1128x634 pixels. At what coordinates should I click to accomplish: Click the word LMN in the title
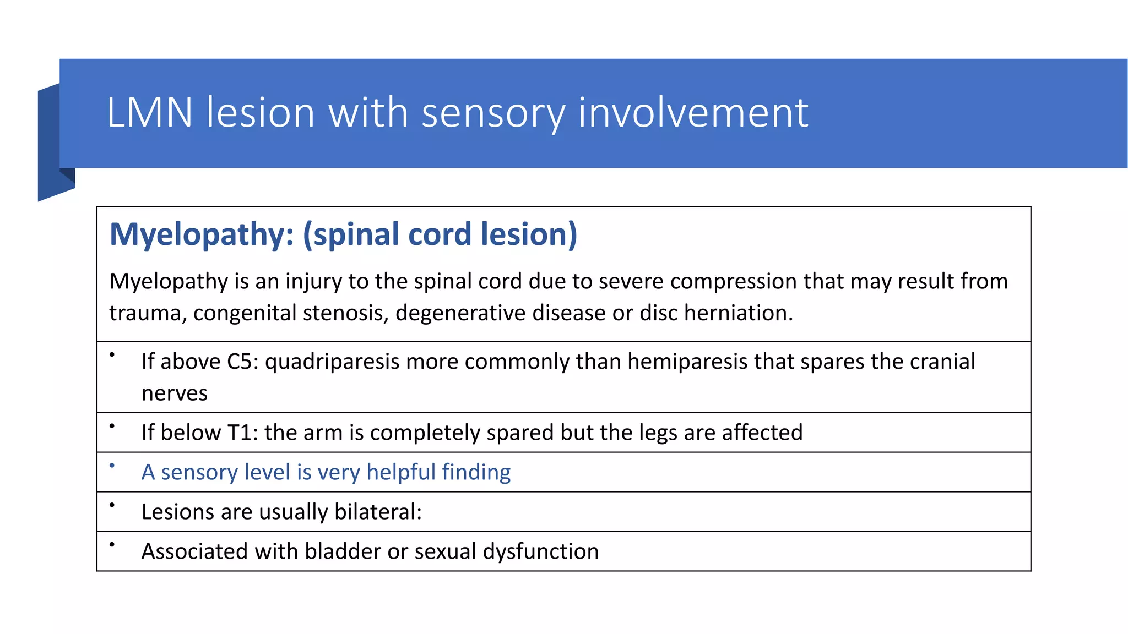[x=149, y=113]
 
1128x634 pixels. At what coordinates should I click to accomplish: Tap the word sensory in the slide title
[x=493, y=114]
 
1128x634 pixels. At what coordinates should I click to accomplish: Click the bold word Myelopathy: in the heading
[x=202, y=235]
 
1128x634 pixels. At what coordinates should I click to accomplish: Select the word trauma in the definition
[x=147, y=313]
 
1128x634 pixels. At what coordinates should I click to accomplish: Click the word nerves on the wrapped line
[x=175, y=393]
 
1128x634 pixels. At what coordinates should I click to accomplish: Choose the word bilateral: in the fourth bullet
[x=378, y=512]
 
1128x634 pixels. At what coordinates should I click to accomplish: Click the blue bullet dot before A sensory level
[x=112, y=466]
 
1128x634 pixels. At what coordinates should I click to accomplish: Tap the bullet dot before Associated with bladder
[x=112, y=545]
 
